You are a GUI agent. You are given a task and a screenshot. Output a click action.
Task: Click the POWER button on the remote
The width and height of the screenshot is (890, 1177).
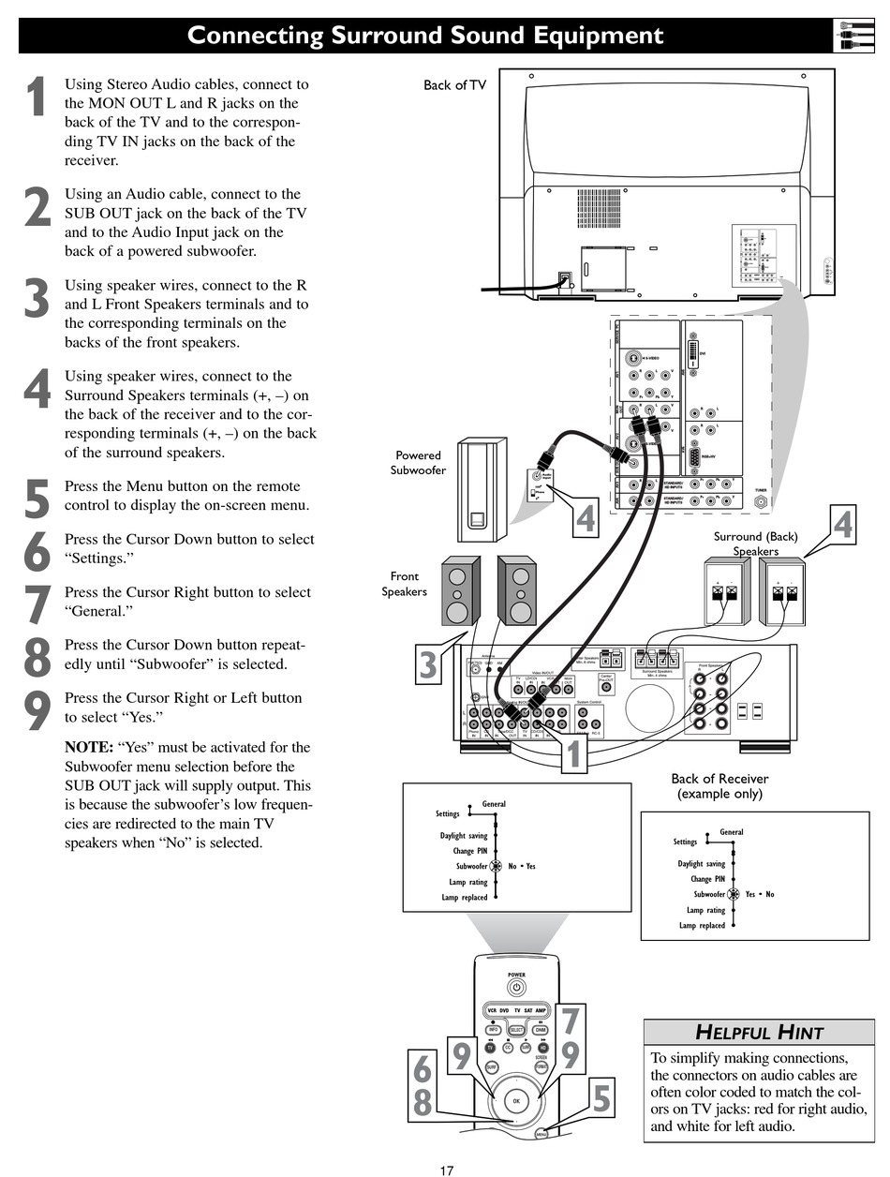coord(516,987)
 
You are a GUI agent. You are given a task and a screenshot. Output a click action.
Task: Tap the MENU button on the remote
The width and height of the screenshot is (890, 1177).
coord(541,1134)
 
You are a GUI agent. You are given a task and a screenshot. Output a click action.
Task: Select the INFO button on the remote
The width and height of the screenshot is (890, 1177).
coord(494,1029)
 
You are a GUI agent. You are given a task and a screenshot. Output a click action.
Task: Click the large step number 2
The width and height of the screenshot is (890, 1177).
coord(37,208)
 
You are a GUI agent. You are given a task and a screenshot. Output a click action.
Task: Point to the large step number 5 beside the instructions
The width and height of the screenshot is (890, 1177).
coord(37,499)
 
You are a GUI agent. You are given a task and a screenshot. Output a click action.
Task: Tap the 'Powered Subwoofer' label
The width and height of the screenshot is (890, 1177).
coord(418,463)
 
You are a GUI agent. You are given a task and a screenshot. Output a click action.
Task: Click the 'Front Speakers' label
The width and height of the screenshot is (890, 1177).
coord(405,584)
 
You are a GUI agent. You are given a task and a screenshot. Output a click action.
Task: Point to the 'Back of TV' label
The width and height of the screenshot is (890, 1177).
coord(454,85)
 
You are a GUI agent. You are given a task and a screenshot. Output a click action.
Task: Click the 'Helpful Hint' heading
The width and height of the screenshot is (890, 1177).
coord(759,1033)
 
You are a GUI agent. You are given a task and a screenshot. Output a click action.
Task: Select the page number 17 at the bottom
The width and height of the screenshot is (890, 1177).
coord(447,1170)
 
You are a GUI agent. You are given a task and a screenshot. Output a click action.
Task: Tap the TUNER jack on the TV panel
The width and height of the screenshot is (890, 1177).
coord(761,501)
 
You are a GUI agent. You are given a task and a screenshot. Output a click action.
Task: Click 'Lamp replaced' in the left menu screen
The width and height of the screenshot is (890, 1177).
coord(465,898)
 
